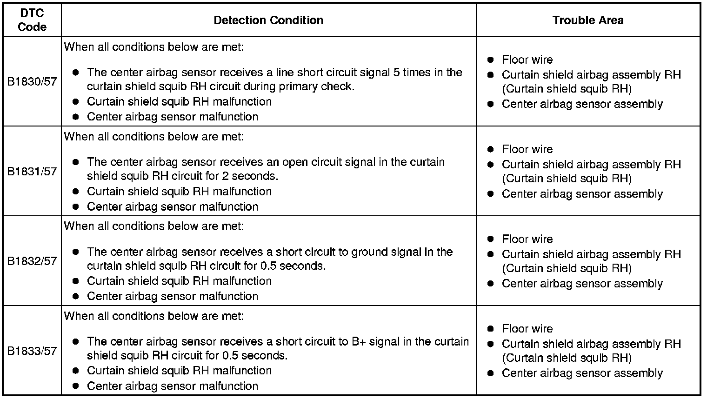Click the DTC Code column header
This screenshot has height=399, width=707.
pos(32,20)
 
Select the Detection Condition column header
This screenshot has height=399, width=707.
pos(268,20)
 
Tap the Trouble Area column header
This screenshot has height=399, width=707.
pos(588,20)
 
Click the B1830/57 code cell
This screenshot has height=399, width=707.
pos(32,82)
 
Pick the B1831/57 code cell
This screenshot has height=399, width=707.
pos(32,172)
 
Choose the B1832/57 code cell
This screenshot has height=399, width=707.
pos(32,261)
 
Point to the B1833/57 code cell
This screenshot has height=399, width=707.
pos(32,351)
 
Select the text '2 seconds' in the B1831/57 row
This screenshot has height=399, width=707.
pos(252,177)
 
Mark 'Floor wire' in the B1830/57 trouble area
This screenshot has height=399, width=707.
pos(527,60)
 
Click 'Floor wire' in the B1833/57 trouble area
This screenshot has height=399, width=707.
pos(527,329)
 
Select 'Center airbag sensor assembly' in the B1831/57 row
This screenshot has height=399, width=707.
pos(582,194)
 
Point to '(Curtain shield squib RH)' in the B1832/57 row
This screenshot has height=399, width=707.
pos(567,268)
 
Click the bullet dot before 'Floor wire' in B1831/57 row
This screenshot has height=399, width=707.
pos(490,149)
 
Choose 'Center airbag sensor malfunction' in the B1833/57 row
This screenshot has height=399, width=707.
pos(172,386)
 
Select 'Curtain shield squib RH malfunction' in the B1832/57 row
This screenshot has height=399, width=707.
pos(179,281)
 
